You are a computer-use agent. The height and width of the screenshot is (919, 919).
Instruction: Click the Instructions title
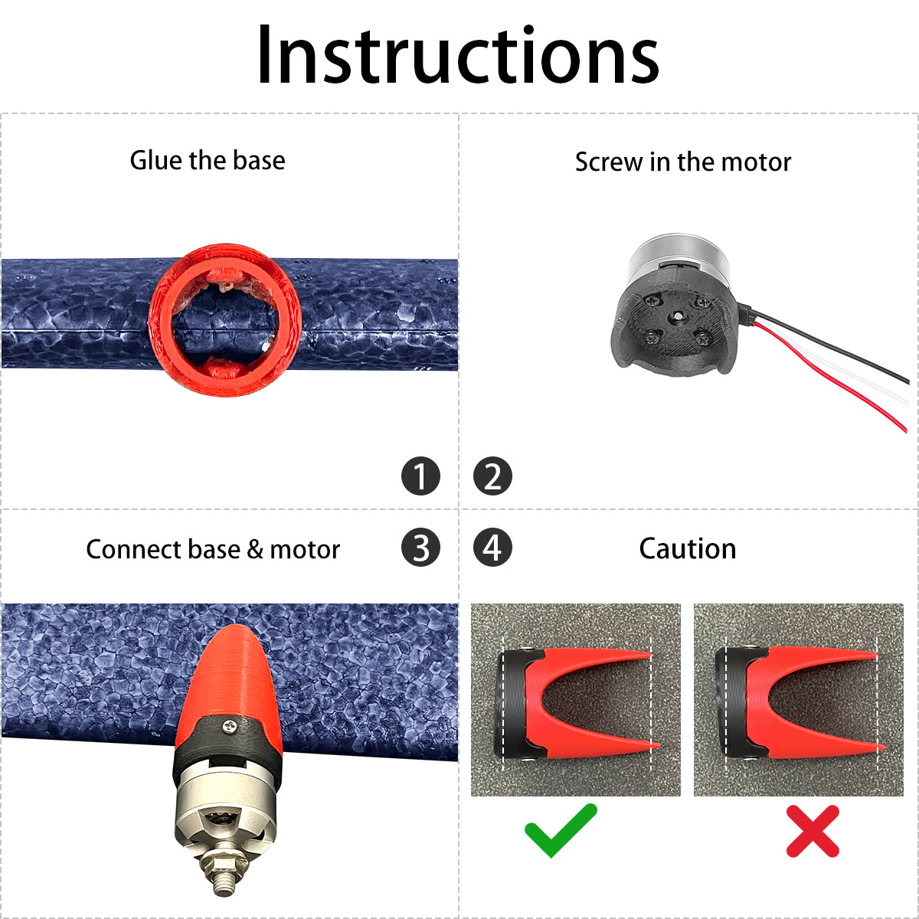coord(458,55)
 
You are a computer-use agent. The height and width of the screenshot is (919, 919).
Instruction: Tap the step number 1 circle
coord(420,476)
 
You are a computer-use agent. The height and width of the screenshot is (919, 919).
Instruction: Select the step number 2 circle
coord(492,476)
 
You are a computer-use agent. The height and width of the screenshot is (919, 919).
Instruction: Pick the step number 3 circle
coord(420,547)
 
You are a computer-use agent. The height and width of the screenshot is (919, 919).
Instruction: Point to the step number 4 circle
coord(492,547)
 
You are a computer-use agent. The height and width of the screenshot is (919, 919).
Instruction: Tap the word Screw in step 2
coord(609,162)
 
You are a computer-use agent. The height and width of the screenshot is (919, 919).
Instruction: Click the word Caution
coord(687,548)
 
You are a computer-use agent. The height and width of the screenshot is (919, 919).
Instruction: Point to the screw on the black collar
coord(230,726)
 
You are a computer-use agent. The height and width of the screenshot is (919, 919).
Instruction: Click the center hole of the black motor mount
coord(678,316)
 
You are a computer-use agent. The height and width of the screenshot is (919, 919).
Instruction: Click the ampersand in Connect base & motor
coord(255,549)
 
